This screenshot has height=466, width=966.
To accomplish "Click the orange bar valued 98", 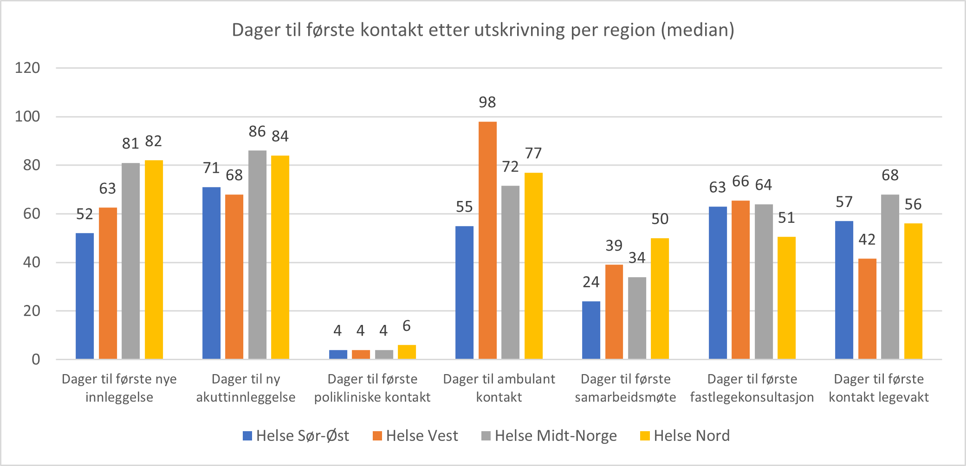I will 487,240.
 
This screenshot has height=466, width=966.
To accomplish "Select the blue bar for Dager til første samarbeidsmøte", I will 591,330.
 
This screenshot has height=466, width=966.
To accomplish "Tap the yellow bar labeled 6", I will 407,352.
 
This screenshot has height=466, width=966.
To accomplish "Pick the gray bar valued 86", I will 257,254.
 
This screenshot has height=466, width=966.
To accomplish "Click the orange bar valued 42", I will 867,309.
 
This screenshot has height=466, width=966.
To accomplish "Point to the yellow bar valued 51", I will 786,298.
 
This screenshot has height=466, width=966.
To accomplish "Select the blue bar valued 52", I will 84,296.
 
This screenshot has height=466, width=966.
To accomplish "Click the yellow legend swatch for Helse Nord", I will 644,436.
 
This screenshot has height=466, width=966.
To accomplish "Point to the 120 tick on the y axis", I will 27,68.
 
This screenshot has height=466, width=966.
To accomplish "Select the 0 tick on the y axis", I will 36,359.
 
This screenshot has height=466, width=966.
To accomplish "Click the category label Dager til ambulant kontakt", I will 499,388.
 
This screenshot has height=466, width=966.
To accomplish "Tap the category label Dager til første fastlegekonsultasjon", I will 752,388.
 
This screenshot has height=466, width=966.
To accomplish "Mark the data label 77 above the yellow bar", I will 533,153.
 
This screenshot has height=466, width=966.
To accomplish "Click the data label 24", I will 591,282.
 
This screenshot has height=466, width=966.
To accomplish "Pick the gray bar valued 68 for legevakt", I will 890,277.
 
